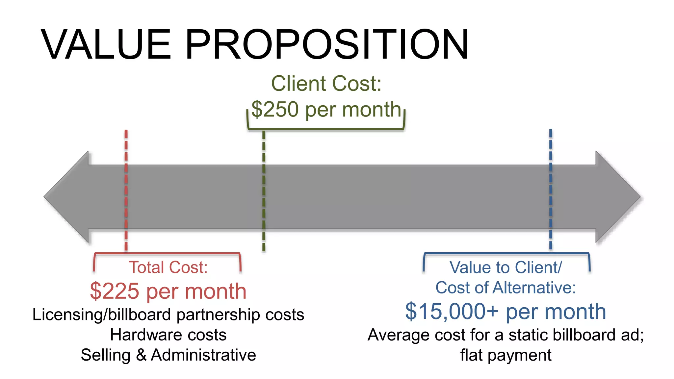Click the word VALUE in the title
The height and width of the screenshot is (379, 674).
click(x=106, y=45)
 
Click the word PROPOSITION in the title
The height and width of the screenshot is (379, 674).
click(x=327, y=45)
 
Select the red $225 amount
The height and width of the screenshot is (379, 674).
click(x=114, y=291)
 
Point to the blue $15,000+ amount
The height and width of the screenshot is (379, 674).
click(x=452, y=311)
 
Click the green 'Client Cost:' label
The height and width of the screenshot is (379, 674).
click(x=326, y=84)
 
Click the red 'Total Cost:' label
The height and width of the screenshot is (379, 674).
click(x=168, y=267)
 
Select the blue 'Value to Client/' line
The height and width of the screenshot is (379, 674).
click(x=505, y=267)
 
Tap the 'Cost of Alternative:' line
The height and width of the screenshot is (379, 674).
click(x=505, y=288)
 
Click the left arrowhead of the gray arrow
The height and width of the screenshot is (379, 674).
click(x=66, y=197)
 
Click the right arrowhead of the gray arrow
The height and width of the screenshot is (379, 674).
click(x=618, y=197)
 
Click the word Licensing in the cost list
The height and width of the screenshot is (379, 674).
click(x=67, y=315)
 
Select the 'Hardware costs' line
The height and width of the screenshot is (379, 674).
click(x=168, y=335)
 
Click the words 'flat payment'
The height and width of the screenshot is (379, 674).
click(x=505, y=355)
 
